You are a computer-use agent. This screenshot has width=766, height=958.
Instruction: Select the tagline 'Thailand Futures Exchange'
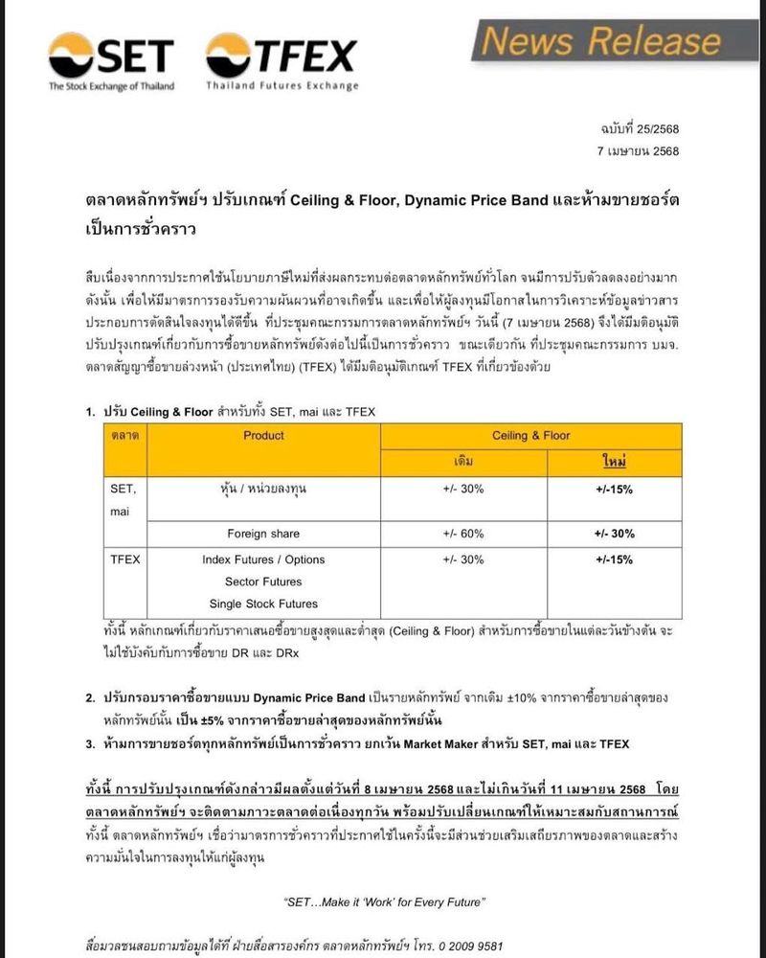pos(282,86)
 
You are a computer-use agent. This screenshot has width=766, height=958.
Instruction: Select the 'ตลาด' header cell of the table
pos(125,435)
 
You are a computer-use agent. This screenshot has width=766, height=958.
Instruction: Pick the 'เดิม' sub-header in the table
pos(463,462)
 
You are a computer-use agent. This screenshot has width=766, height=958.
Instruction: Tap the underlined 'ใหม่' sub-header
pos(614,462)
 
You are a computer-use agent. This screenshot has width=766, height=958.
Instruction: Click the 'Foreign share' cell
pos(263,534)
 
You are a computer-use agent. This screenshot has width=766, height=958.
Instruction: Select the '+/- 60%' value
pos(463,534)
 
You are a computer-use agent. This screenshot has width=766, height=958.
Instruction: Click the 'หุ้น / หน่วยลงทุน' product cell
pos(263,489)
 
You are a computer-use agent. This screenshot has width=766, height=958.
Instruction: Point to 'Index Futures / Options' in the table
pos(263,559)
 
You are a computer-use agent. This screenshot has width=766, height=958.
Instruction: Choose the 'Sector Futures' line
pos(263,582)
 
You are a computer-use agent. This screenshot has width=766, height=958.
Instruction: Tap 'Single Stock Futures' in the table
pos(263,604)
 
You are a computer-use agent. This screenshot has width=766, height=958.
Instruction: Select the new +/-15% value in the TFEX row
pos(614,559)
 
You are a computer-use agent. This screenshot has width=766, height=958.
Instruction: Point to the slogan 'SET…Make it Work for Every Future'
pos(385,902)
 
